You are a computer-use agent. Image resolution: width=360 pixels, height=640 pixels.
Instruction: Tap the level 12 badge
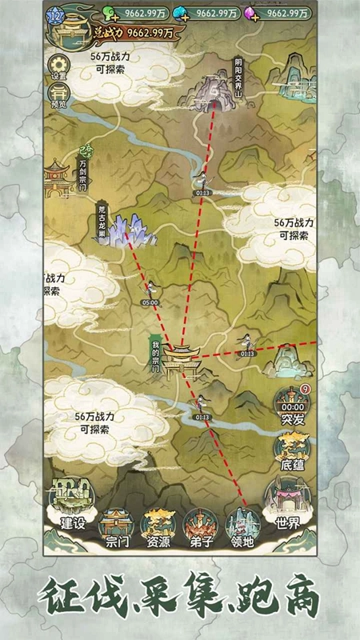click(56, 14)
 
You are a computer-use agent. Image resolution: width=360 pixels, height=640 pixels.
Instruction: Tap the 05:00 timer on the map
click(150, 303)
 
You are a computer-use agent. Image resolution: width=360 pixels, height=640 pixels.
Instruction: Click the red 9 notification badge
click(305, 390)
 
